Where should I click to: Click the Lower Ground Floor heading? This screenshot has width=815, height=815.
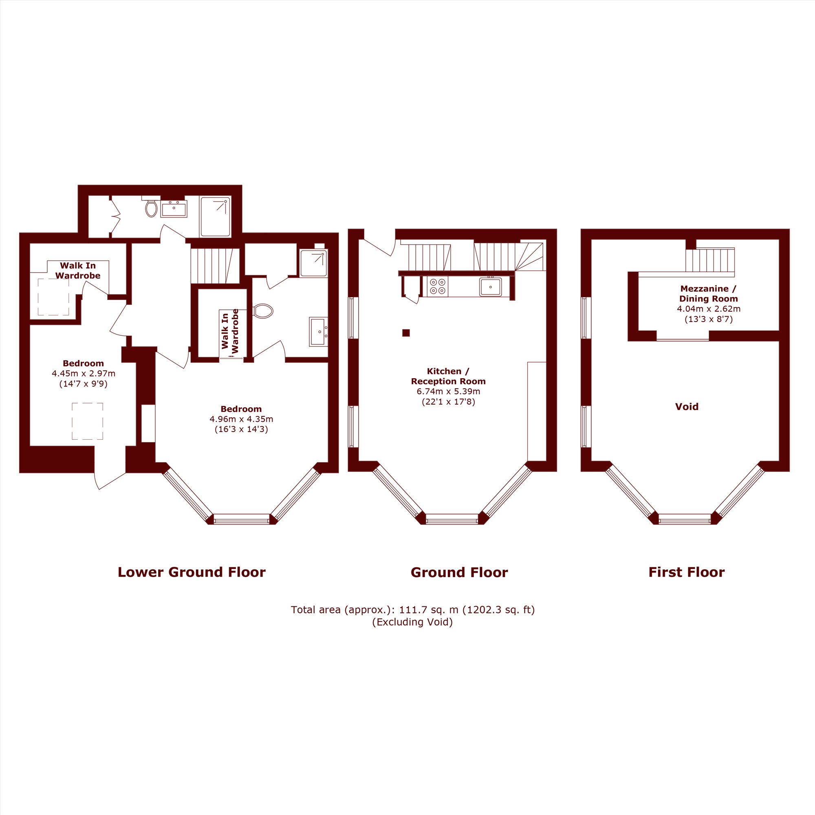point(192,572)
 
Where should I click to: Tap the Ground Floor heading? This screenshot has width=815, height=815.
point(459,573)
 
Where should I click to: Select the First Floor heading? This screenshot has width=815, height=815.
point(686,572)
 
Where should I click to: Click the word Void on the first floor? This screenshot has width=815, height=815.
point(687,407)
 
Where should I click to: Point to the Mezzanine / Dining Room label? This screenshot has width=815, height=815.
point(708,293)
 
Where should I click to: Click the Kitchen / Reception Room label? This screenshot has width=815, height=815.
point(448,376)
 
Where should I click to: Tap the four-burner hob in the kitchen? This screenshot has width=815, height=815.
point(437,286)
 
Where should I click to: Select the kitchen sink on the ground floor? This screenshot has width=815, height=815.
point(490,287)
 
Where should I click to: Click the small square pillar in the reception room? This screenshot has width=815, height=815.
point(406,333)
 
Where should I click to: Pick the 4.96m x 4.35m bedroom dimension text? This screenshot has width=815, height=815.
point(241,419)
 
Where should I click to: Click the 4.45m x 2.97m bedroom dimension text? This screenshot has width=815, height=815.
point(84,373)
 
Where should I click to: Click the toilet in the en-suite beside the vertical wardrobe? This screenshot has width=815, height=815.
point(263,311)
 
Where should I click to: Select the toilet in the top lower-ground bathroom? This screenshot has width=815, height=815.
point(152,207)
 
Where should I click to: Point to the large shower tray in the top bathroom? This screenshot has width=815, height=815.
point(215,216)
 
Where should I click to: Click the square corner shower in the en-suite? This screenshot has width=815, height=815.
point(313,263)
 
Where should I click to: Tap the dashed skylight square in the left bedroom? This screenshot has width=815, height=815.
point(87,421)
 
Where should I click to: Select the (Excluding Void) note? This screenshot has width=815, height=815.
point(412,622)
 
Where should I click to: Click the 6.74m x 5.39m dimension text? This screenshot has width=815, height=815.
point(448,392)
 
